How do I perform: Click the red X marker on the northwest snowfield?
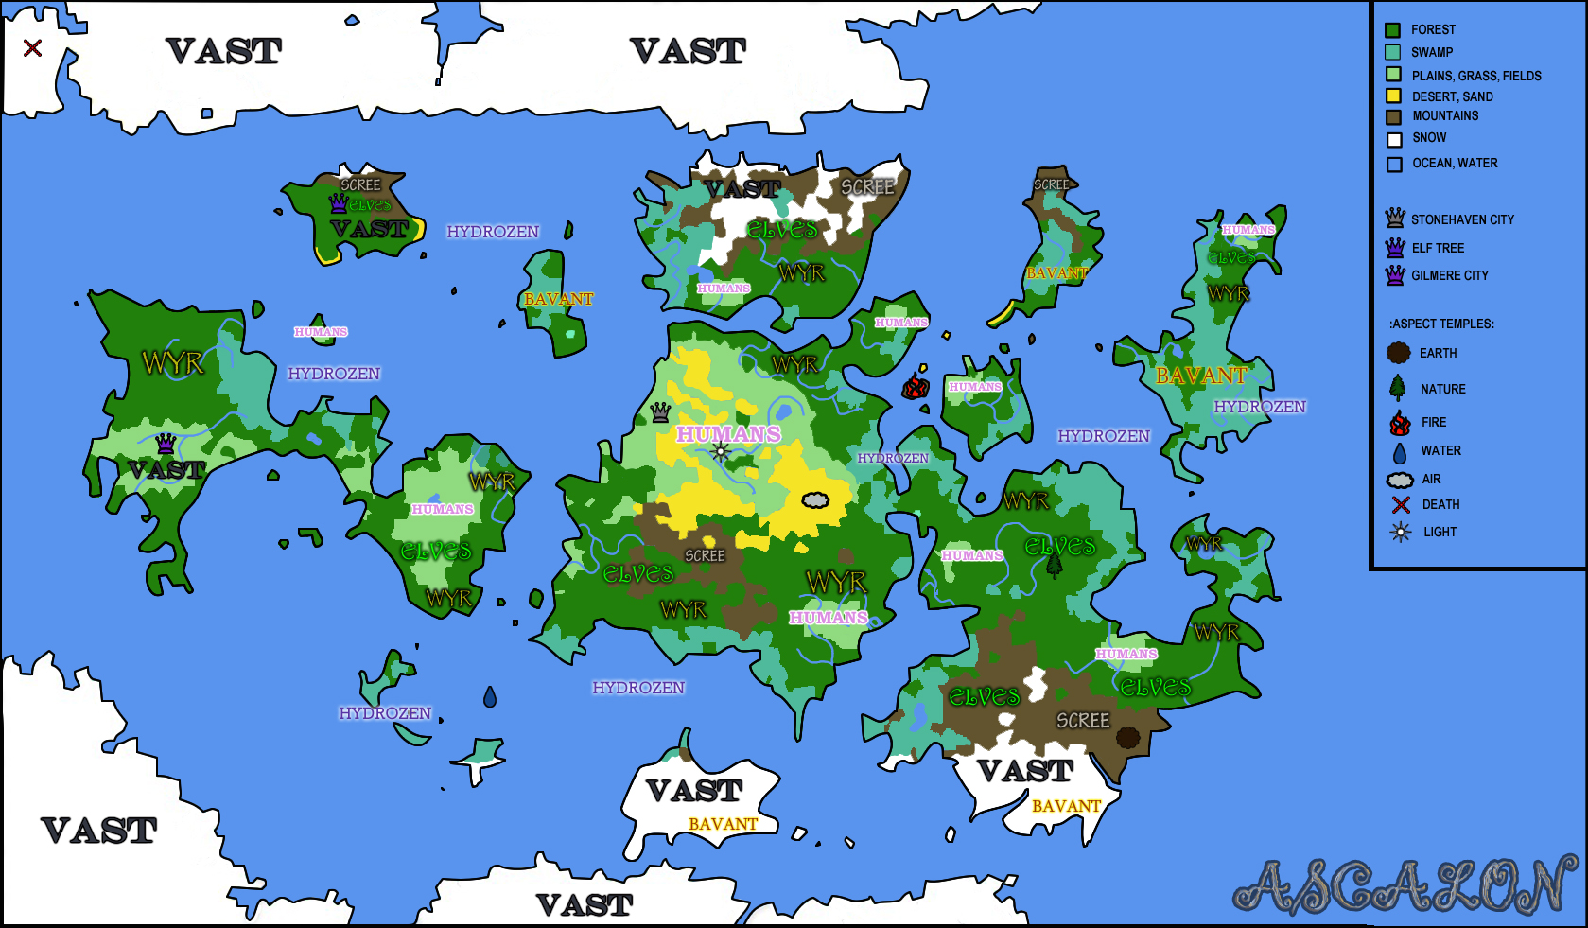click(x=32, y=47)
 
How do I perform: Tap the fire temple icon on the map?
click(x=915, y=386)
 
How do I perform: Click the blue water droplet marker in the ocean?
click(x=489, y=697)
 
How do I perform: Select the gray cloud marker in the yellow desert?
click(x=815, y=499)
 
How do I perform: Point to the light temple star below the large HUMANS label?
click(x=721, y=452)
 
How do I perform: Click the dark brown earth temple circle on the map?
click(x=1127, y=737)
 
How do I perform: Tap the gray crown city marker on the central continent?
click(x=660, y=411)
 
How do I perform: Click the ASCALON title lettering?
click(x=1405, y=886)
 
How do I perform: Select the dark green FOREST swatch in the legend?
click(x=1392, y=30)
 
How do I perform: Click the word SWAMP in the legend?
click(x=1432, y=53)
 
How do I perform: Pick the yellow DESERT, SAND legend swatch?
click(x=1393, y=96)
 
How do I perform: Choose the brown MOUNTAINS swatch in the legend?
click(x=1393, y=117)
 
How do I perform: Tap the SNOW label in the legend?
click(x=1429, y=138)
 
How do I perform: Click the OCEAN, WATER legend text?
click(x=1455, y=164)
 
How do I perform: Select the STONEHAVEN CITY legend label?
click(x=1462, y=219)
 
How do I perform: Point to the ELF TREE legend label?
click(x=1438, y=248)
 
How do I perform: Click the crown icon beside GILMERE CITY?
click(x=1395, y=275)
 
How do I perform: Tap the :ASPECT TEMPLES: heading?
click(x=1441, y=324)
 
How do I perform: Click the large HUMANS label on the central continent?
click(x=728, y=434)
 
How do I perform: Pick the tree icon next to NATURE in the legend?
click(x=1398, y=388)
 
